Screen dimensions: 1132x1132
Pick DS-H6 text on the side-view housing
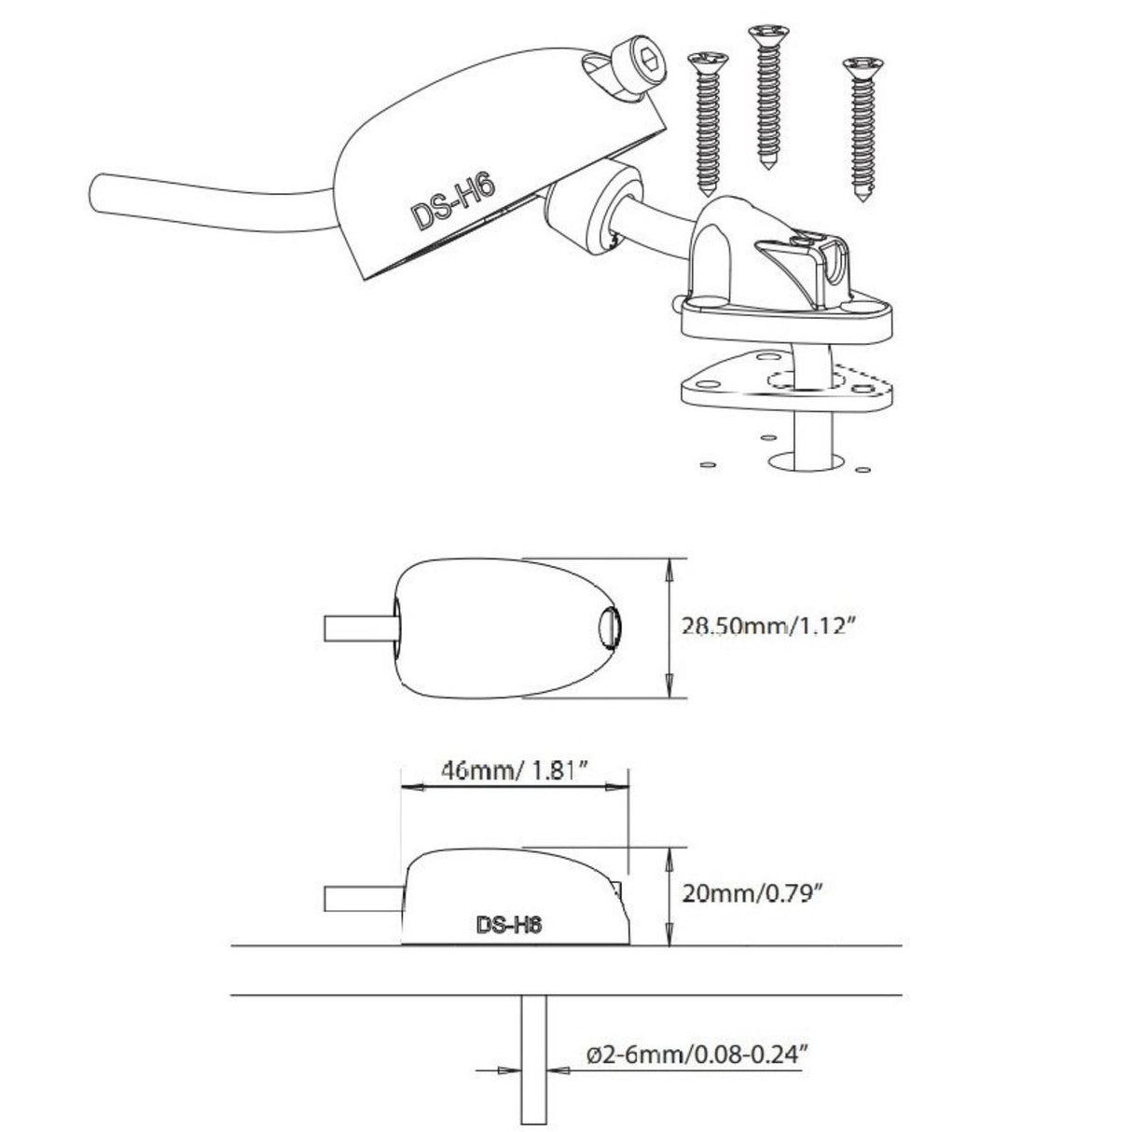[x=509, y=926]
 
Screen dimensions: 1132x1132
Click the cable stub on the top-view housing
[x=360, y=628]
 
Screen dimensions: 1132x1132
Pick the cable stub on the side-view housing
[x=363, y=899]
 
